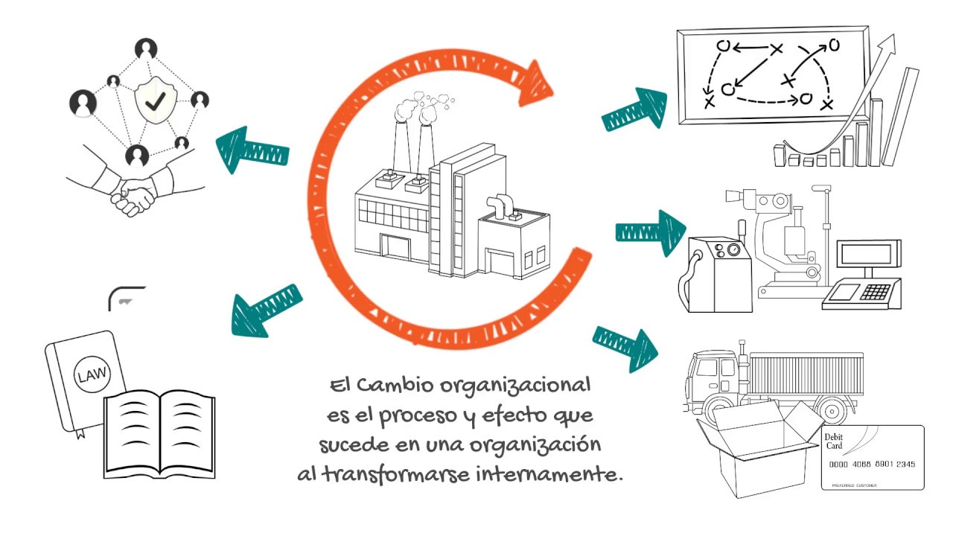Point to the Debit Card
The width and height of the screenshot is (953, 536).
873,457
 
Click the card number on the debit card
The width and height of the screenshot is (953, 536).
872,464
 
